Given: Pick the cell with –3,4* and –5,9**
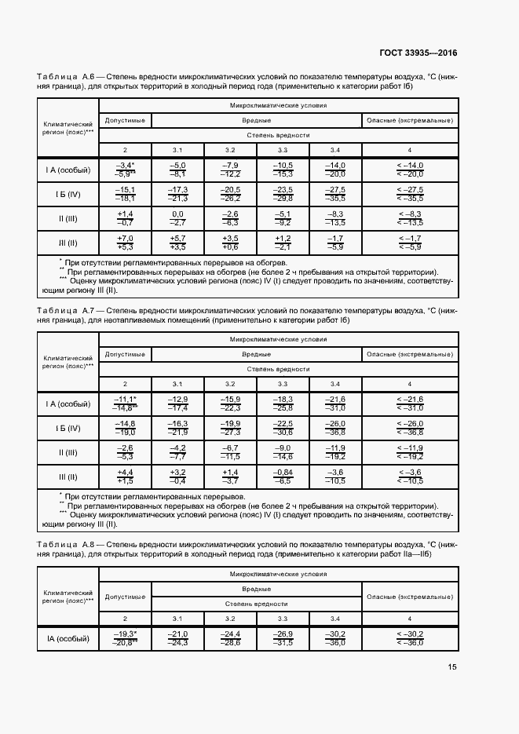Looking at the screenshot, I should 125,170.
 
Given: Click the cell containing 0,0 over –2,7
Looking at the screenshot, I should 177,218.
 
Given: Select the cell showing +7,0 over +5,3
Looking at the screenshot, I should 125,243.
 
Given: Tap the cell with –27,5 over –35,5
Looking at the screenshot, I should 335,194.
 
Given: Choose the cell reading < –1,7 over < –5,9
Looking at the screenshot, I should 409,243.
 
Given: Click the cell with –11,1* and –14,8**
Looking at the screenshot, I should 125,404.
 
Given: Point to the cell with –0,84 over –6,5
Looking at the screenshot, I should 283,477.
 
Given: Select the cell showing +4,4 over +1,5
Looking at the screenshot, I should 125,477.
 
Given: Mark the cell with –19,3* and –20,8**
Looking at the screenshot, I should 125,638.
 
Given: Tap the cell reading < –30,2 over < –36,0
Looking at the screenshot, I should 409,638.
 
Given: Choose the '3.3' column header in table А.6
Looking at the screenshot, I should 283,150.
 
